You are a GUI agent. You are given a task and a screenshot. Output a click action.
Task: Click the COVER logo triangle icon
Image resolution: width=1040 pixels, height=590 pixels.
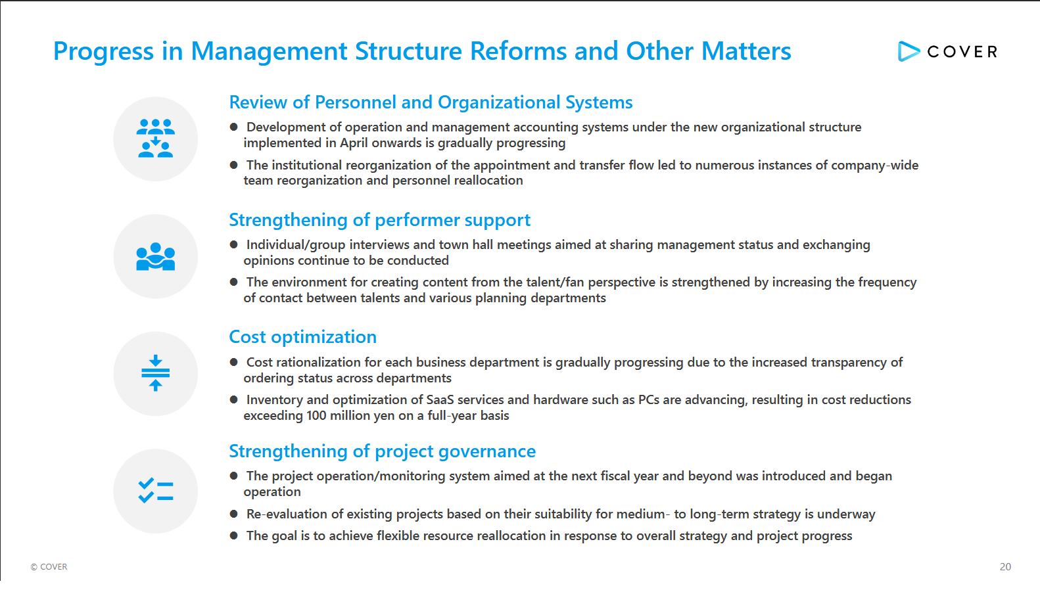tap(908, 51)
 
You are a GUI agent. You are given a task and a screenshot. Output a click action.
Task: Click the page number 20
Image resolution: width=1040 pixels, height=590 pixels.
tap(1005, 566)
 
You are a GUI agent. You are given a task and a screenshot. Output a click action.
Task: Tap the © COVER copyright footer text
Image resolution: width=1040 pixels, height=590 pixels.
tap(49, 566)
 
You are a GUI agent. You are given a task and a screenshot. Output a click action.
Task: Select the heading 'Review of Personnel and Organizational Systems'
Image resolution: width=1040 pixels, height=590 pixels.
tap(431, 102)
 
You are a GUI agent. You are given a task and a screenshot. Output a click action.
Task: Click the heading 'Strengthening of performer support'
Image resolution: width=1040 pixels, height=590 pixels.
tap(379, 220)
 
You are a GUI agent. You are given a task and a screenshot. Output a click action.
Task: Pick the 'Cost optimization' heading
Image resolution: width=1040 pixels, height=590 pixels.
tap(302, 337)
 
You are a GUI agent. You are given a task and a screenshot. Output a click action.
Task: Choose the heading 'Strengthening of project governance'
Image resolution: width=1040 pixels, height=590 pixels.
tap(382, 451)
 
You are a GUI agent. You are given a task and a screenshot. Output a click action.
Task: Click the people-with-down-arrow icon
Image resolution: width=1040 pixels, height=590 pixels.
tap(156, 138)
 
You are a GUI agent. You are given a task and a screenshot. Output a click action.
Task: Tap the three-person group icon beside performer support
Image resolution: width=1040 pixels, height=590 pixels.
tap(156, 256)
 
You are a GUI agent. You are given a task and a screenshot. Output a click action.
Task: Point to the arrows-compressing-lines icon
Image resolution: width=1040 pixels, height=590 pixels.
tap(156, 373)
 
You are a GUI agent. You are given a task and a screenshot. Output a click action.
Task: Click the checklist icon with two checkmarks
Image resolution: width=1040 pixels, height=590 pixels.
tap(156, 491)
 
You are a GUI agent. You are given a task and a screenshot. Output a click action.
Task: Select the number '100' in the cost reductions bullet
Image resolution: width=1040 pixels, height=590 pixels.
tap(316, 415)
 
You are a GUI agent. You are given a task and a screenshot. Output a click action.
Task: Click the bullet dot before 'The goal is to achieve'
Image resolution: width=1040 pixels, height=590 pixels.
tap(234, 535)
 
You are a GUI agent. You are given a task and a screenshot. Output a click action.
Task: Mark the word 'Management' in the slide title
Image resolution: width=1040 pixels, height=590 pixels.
tap(270, 51)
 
